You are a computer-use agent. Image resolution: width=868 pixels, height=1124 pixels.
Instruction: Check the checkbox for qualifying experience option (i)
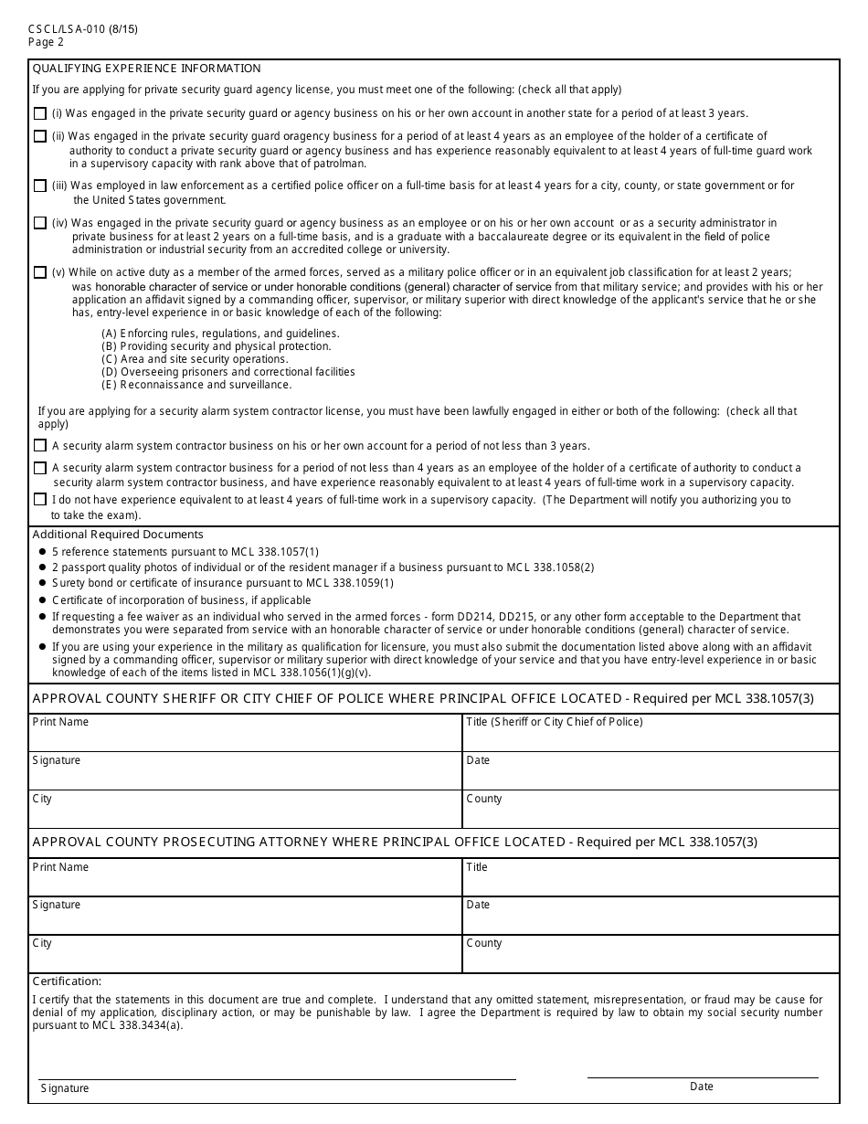tap(39, 114)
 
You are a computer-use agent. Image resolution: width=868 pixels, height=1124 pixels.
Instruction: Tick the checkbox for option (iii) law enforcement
tap(39, 186)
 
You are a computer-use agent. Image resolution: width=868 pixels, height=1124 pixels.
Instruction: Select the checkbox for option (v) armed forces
tap(39, 272)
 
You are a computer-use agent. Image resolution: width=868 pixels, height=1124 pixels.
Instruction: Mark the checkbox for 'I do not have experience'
tap(39, 500)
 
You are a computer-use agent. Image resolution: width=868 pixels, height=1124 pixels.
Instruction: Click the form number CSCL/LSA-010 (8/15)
tap(83, 29)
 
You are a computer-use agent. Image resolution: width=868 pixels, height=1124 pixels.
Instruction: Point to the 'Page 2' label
tap(46, 42)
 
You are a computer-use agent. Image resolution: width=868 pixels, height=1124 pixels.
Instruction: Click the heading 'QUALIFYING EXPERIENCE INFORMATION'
tap(146, 69)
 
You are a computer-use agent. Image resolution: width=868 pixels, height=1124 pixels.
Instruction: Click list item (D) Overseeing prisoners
tap(228, 372)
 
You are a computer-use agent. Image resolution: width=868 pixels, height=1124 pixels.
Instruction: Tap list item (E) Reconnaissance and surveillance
tap(196, 385)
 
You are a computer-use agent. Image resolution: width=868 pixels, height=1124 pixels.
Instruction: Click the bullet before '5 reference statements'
tap(42, 552)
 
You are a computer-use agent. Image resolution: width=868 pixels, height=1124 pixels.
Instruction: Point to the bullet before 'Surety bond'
tap(42, 583)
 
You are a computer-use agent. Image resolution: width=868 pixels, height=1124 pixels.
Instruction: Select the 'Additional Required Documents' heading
tap(118, 535)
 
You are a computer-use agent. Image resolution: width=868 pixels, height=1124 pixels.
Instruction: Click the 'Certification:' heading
tap(67, 981)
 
